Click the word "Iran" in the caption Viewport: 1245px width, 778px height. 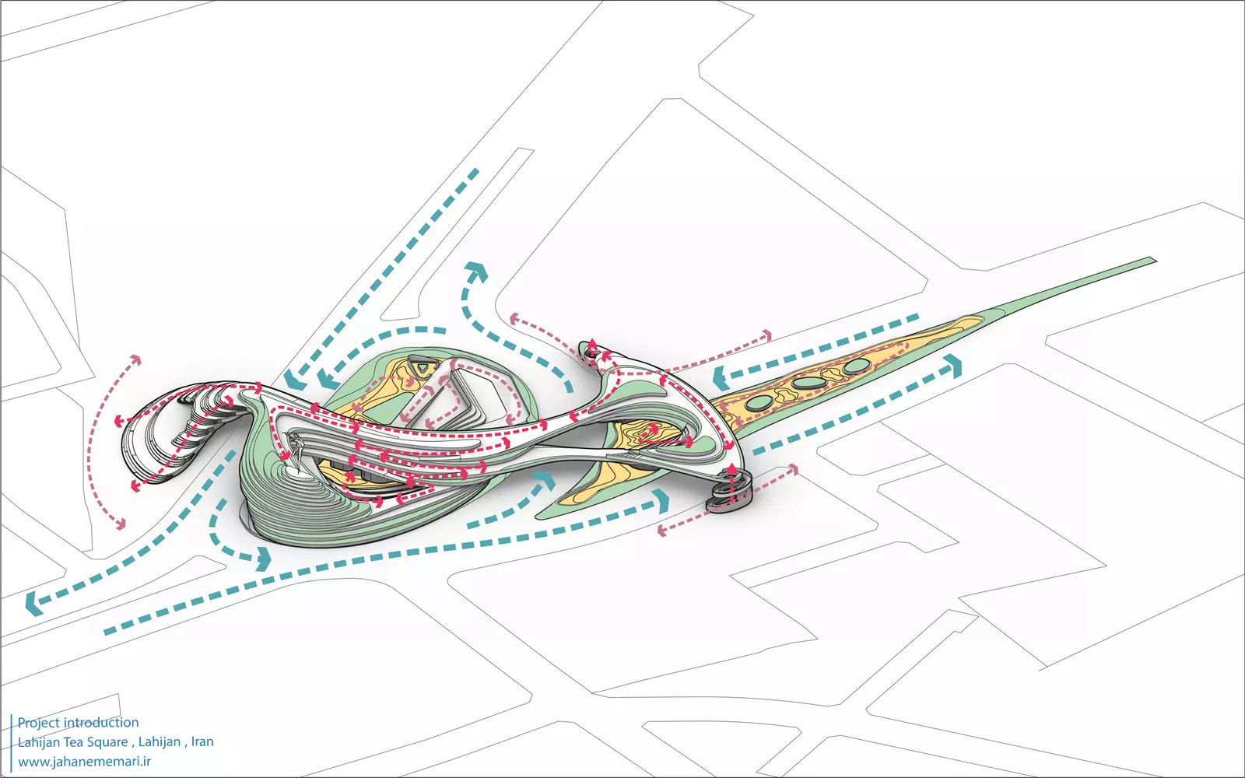(202, 742)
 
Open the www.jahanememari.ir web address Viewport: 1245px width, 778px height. (84, 762)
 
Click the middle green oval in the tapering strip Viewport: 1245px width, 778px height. (806, 383)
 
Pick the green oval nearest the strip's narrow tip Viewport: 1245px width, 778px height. (857, 366)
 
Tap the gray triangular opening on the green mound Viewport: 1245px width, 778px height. (421, 366)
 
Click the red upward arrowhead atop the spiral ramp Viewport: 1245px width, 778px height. (732, 468)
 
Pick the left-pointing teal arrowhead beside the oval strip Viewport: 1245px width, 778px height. (721, 379)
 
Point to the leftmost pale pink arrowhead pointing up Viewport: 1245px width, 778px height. (136, 361)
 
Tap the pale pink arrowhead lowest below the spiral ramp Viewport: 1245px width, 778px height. (662, 531)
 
